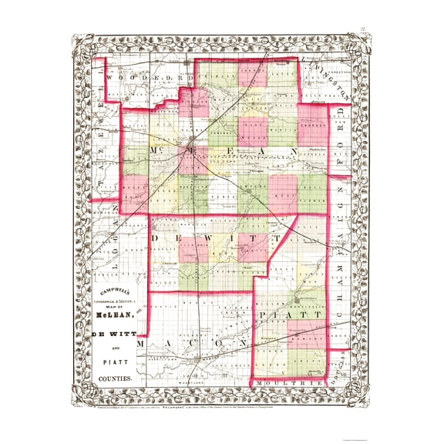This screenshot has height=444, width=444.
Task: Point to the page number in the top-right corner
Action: tap(362, 32)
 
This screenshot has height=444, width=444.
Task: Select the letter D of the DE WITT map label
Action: tap(157, 240)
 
